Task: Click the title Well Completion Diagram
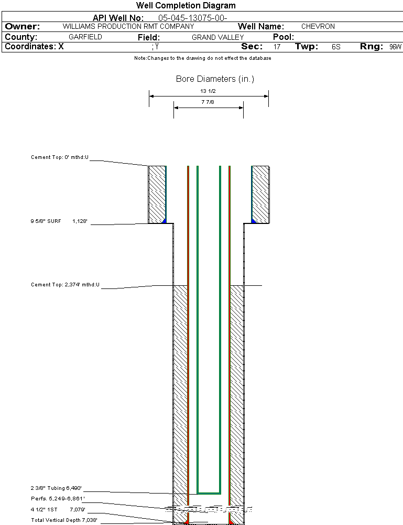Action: [x=186, y=6]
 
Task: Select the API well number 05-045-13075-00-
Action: [x=192, y=18]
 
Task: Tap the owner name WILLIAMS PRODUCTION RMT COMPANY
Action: [x=128, y=26]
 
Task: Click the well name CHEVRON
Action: [x=318, y=26]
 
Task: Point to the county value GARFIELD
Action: [x=85, y=37]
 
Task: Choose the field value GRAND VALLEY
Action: [x=217, y=37]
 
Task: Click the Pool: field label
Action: [x=284, y=37]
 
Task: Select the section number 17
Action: [x=277, y=47]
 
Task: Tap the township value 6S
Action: [x=336, y=47]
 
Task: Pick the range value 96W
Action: [x=395, y=47]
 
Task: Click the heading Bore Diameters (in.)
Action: [x=215, y=79]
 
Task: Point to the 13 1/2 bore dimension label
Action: [x=208, y=91]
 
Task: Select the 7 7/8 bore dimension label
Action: [x=208, y=102]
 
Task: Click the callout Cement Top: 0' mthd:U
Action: [x=60, y=157]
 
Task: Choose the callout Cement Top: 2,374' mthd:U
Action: [x=65, y=285]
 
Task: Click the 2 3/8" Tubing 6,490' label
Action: [x=56, y=488]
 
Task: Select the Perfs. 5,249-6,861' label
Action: [x=58, y=498]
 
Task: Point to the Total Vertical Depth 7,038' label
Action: [x=64, y=520]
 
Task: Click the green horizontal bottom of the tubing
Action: [x=209, y=494]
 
